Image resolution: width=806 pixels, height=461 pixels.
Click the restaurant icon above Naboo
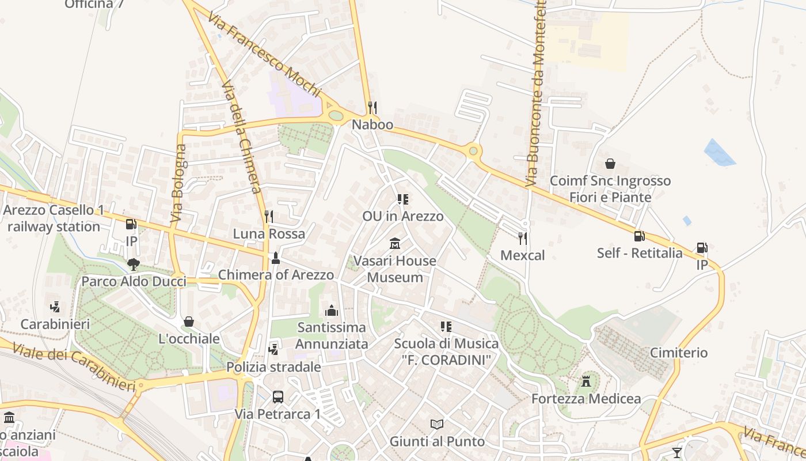click(x=372, y=108)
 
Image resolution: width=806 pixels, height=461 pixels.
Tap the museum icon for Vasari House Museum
click(x=395, y=244)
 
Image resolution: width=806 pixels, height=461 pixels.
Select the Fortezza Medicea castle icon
click(x=586, y=381)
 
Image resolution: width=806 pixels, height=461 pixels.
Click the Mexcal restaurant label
click(x=522, y=255)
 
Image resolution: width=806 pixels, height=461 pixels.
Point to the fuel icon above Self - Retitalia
click(x=639, y=236)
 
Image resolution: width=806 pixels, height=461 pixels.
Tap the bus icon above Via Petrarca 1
click(x=277, y=397)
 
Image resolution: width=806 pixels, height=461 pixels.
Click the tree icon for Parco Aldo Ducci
click(x=134, y=264)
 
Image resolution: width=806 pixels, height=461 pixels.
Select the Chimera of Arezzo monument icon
click(x=276, y=258)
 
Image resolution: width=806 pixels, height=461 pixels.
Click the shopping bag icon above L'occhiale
click(x=189, y=322)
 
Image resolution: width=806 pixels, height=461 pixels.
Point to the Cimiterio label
click(x=679, y=353)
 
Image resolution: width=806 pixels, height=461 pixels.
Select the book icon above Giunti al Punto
click(x=437, y=425)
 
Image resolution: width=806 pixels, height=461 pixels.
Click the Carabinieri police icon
click(x=55, y=307)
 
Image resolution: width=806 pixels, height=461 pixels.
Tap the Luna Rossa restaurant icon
click(x=269, y=217)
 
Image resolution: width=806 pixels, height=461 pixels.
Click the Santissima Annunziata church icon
click(x=332, y=311)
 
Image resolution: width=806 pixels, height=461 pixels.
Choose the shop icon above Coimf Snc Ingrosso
click(x=610, y=164)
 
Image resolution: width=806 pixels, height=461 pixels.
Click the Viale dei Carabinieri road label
click(x=74, y=368)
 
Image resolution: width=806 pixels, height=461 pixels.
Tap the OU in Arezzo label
click(x=403, y=217)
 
